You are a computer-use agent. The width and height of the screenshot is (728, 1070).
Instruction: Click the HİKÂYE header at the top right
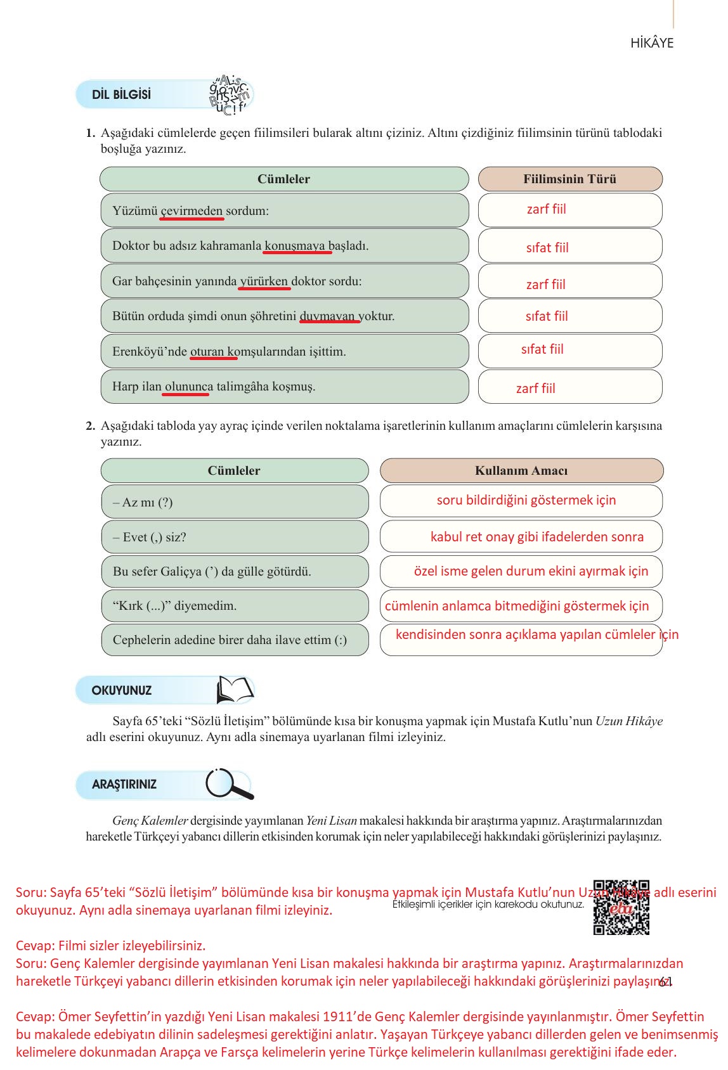point(652,44)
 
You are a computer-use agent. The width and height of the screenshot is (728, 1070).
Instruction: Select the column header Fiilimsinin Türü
point(569,179)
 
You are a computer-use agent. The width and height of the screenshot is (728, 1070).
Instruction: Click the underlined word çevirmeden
point(192,211)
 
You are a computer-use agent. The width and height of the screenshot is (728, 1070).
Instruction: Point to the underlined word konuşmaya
point(295,246)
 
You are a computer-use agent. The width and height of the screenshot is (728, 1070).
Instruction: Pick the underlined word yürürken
point(264,281)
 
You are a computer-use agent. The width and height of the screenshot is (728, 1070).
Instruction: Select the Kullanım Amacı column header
point(521,471)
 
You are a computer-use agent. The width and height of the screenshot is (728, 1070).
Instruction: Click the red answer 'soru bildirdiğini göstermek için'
point(526,500)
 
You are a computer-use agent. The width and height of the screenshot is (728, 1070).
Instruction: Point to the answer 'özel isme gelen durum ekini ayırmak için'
point(531,571)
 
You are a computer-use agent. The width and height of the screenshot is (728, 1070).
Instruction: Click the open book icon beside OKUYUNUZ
point(235,690)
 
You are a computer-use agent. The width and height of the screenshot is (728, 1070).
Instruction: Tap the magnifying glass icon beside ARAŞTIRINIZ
point(228,784)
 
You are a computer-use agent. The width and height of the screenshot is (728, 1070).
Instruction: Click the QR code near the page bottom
point(621,907)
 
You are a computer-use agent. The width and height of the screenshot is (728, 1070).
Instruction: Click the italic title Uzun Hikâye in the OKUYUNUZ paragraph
point(628,721)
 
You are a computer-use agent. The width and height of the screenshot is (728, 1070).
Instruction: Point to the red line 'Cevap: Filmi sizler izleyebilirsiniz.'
point(111,946)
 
